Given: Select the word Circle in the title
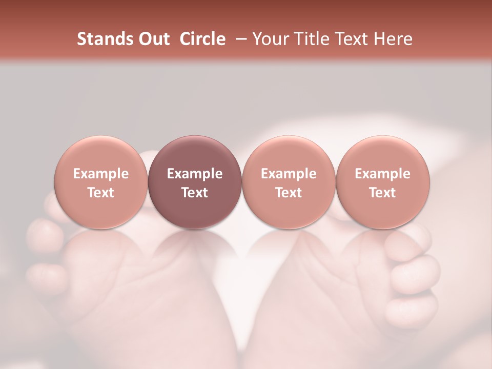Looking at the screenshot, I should click(x=202, y=39).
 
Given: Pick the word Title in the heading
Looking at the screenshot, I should click(x=310, y=39).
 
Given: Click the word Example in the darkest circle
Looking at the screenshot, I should click(x=195, y=174).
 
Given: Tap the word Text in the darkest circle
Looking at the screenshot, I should click(x=195, y=193).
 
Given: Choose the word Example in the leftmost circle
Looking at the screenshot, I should click(x=101, y=174).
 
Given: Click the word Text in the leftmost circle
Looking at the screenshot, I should click(x=101, y=193).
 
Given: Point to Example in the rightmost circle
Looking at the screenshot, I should click(x=383, y=174).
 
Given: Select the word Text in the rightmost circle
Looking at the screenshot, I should click(x=383, y=193).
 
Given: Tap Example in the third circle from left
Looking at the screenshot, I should click(x=289, y=174).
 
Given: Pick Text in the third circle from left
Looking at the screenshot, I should click(x=289, y=193).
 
